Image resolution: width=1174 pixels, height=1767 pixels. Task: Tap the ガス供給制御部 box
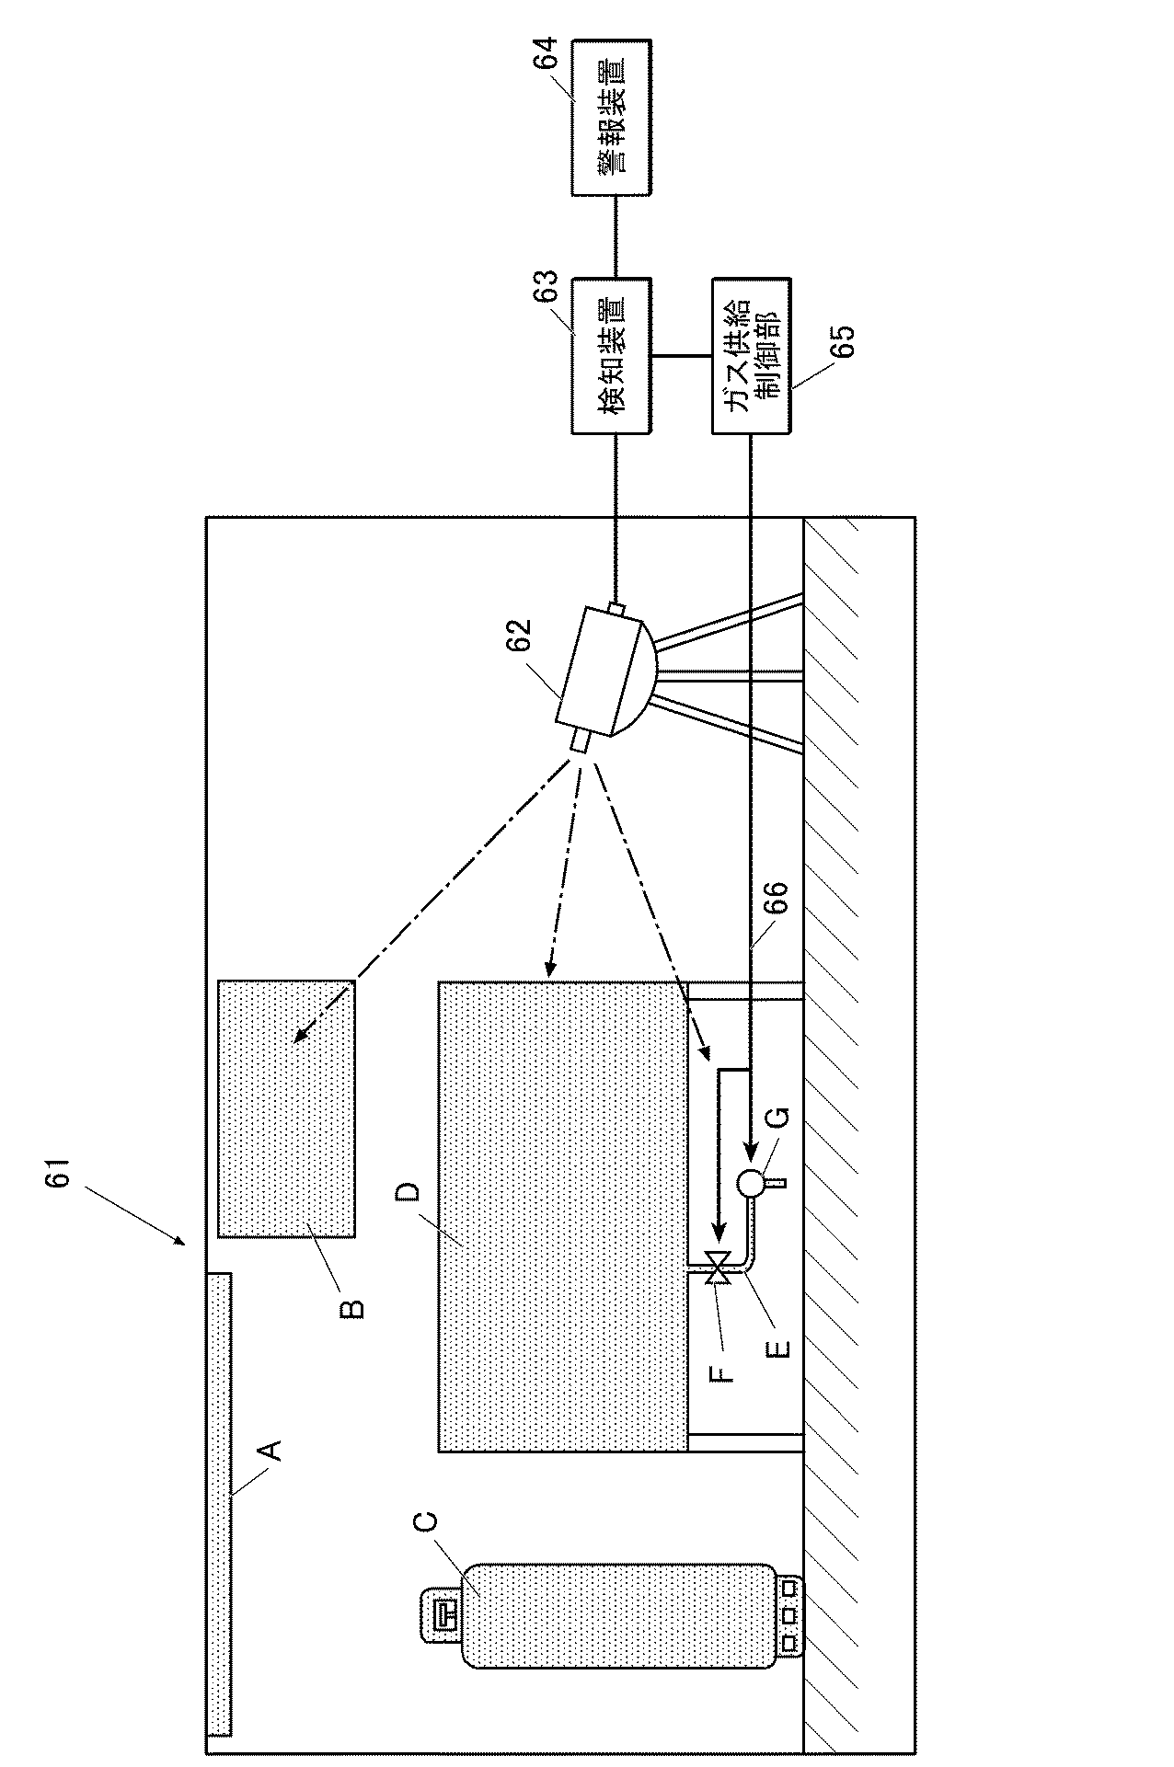[751, 355]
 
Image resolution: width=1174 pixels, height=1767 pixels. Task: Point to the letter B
[352, 1307]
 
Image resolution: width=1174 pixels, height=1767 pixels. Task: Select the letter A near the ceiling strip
[269, 1451]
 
